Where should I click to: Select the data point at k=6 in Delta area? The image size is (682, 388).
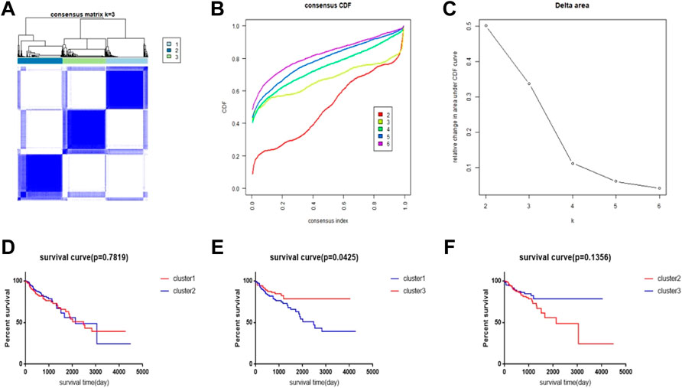tap(658, 188)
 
